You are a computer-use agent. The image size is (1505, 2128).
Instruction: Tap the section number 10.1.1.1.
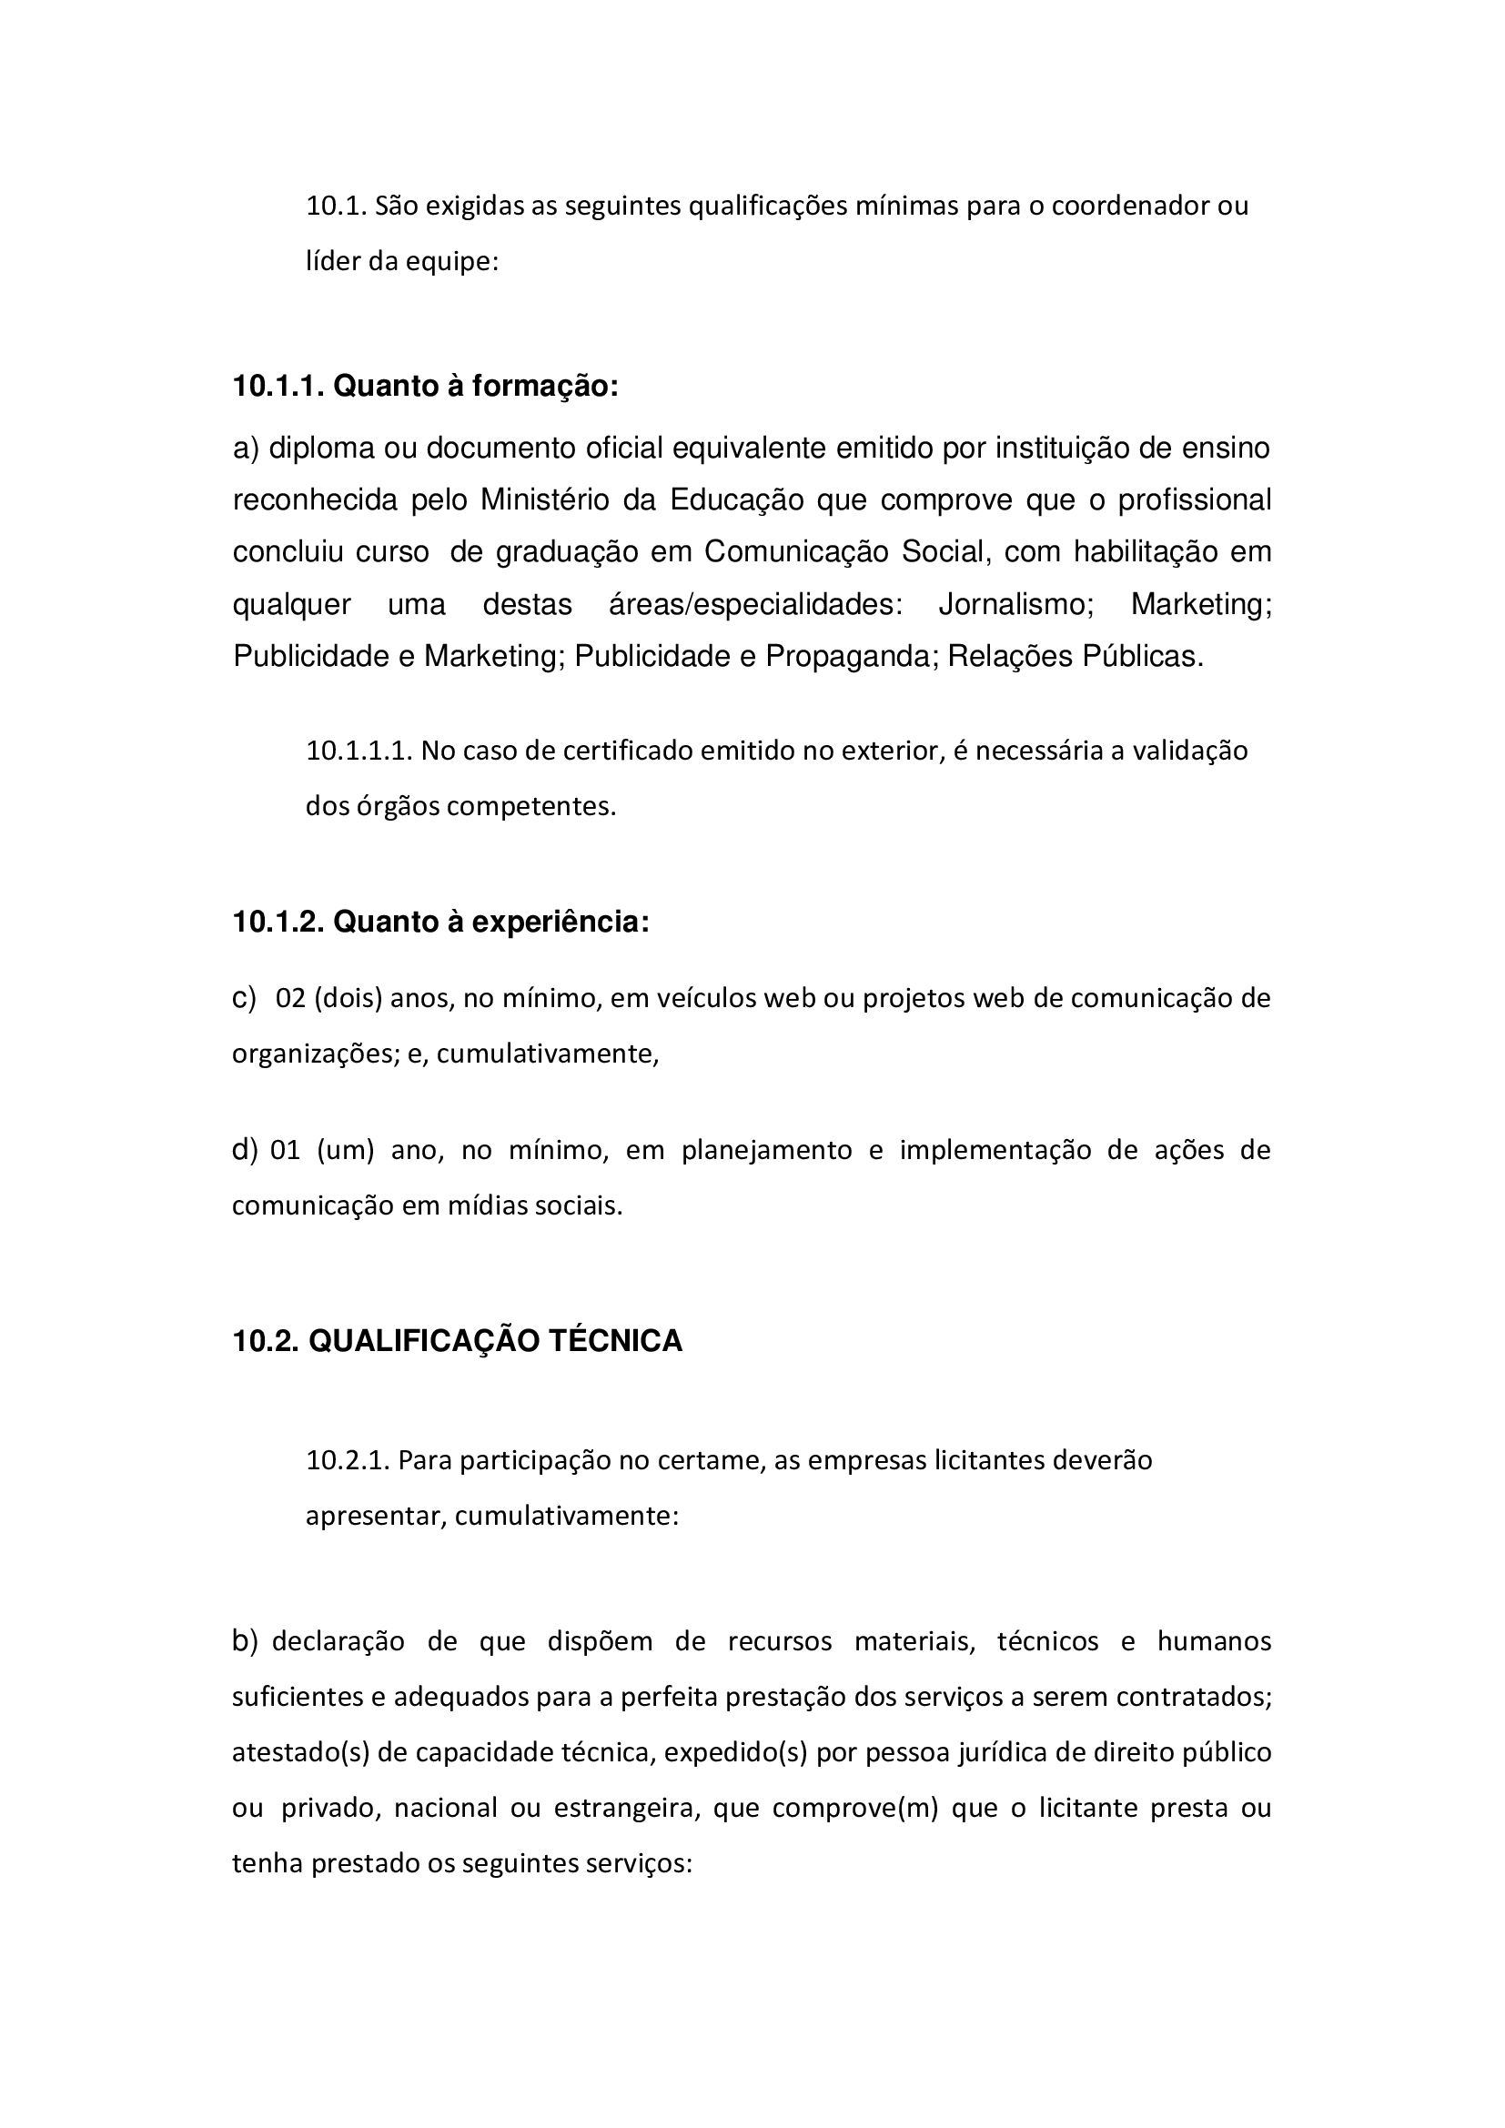[x=359, y=750]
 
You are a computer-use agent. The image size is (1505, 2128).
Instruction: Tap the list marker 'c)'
[x=244, y=998]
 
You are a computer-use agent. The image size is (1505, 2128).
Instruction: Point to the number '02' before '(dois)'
[x=291, y=998]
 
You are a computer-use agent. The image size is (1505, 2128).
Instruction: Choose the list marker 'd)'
[x=245, y=1150]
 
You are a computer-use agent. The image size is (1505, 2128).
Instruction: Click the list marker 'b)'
[x=245, y=1641]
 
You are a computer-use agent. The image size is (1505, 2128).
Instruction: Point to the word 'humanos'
[x=1214, y=1641]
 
